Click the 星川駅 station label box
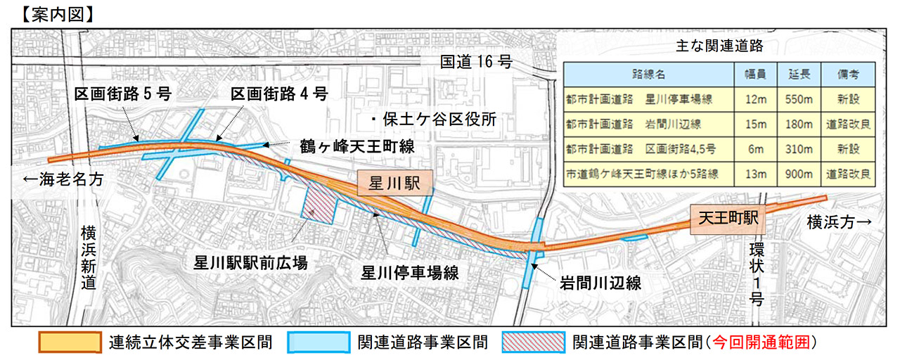394,184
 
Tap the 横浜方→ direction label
840,222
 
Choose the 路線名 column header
650,75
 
